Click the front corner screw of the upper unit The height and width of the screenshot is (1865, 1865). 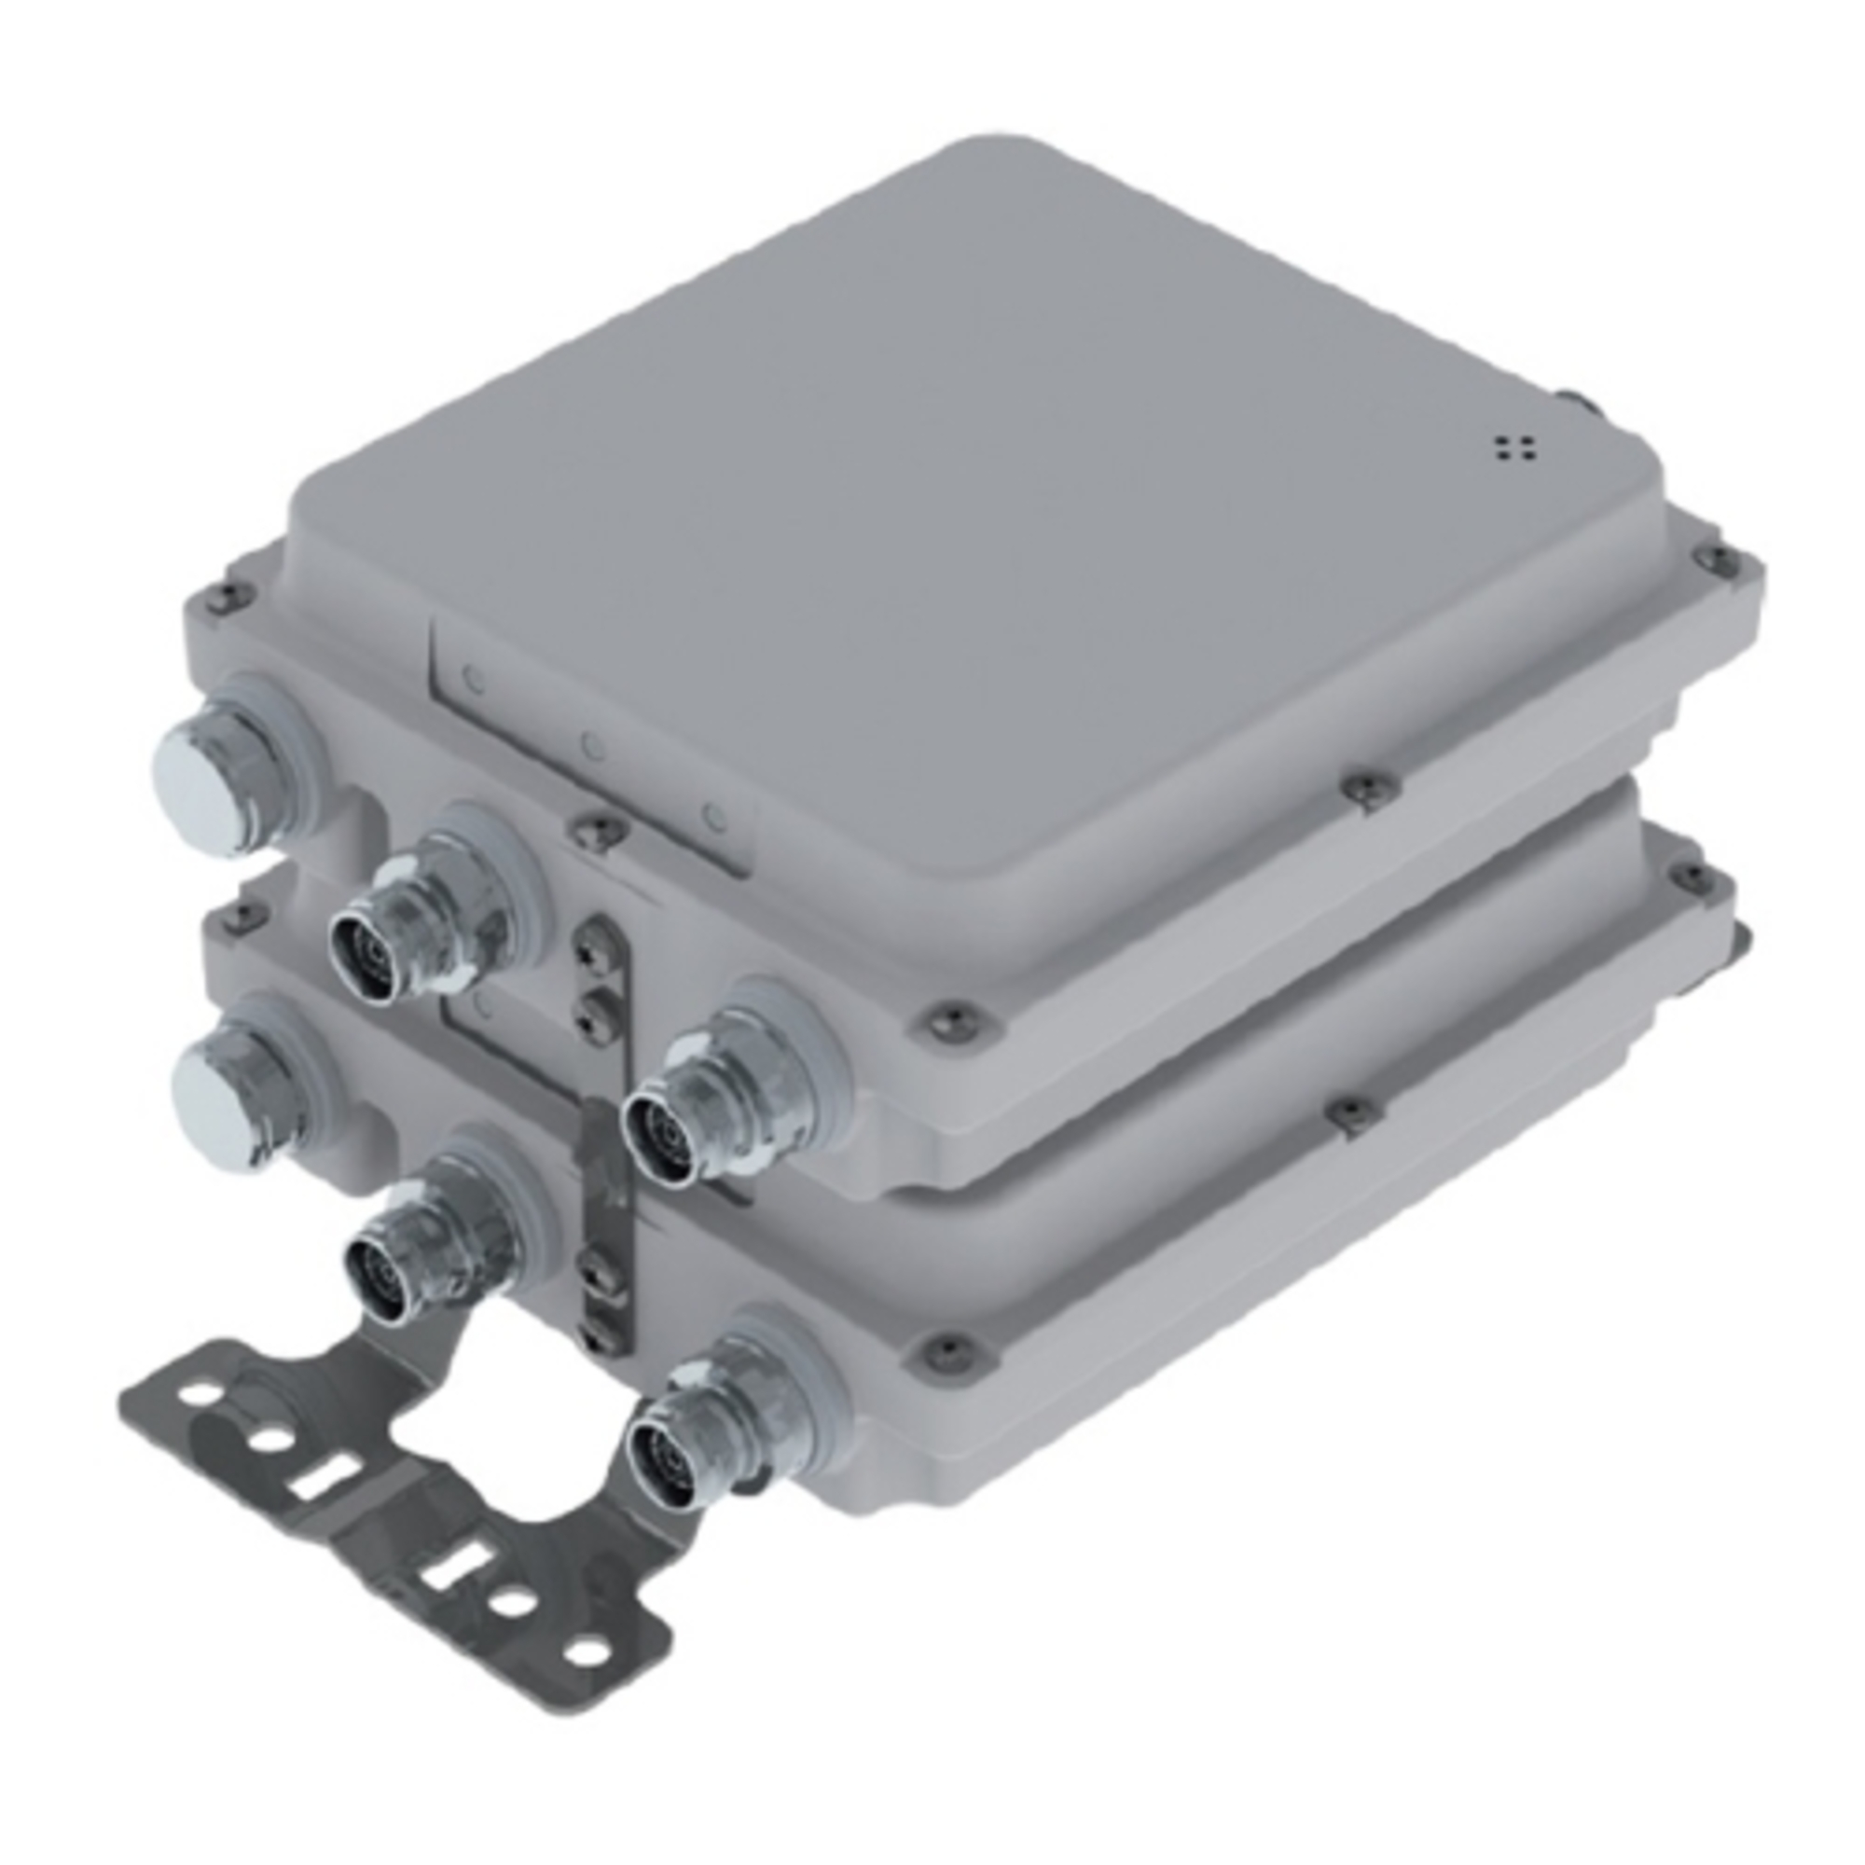pos(943,1018)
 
